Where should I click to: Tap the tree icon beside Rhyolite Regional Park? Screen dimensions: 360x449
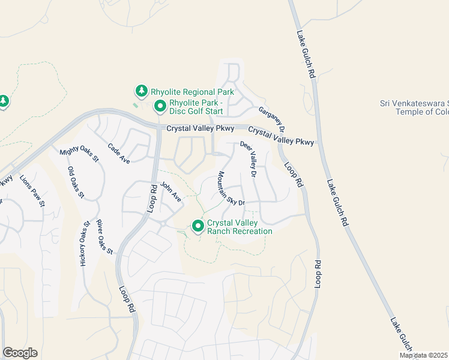point(142,91)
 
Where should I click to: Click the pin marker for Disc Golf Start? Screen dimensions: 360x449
point(160,107)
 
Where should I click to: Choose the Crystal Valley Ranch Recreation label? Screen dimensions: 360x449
point(240,227)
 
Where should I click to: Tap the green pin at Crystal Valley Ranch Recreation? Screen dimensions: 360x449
point(198,226)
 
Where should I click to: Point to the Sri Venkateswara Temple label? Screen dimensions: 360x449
point(414,107)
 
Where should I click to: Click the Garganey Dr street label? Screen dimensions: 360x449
point(271,119)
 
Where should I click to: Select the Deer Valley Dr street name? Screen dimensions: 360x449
point(249,159)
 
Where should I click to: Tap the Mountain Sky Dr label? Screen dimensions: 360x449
point(231,188)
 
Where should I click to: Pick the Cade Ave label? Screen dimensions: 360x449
point(119,152)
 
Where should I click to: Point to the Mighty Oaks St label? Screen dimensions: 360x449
point(79,155)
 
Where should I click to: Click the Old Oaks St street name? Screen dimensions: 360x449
point(76,182)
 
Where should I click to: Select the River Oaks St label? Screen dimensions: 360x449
point(104,236)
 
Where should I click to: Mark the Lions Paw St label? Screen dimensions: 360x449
point(32,191)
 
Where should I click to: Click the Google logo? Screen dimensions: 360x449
point(20,353)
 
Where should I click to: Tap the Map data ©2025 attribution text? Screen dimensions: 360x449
point(423,355)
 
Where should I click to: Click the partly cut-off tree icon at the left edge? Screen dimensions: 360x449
point(3,101)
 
